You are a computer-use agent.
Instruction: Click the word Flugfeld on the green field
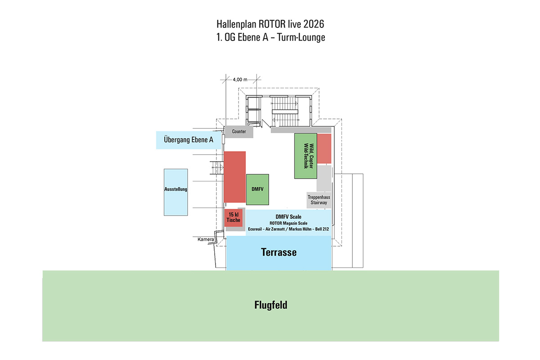pyautogui.click(x=270, y=306)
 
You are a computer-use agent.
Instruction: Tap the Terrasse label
pyautogui.click(x=279, y=252)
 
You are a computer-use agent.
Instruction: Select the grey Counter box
pyautogui.click(x=239, y=131)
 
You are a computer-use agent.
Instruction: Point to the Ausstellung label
pyautogui.click(x=175, y=189)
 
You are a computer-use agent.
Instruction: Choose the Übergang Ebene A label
pyautogui.click(x=189, y=140)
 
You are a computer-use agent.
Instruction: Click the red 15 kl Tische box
pyautogui.click(x=234, y=218)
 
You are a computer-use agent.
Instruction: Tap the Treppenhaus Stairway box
pyautogui.click(x=319, y=200)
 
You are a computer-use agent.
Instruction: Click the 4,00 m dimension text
pyautogui.click(x=240, y=79)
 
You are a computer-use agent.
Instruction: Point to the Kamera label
pyautogui.click(x=206, y=239)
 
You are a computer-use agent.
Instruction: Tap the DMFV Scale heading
pyautogui.click(x=288, y=217)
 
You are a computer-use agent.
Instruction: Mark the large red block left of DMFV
pyautogui.click(x=234, y=176)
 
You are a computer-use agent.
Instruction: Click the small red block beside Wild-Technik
pyautogui.click(x=324, y=148)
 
